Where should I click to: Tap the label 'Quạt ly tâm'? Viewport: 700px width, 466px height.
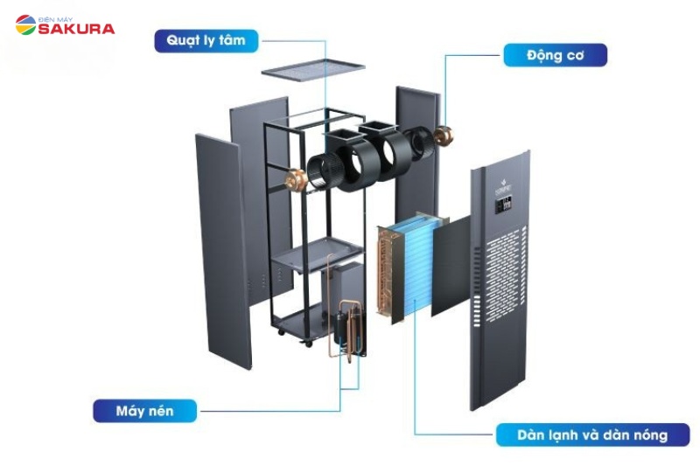(206, 40)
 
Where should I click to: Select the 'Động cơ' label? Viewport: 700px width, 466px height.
(555, 56)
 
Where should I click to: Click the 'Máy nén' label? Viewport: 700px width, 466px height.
(145, 409)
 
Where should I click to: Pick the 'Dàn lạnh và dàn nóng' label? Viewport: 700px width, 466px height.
(592, 435)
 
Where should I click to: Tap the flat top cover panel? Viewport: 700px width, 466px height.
(312, 66)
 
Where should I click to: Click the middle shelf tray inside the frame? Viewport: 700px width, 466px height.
(316, 254)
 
